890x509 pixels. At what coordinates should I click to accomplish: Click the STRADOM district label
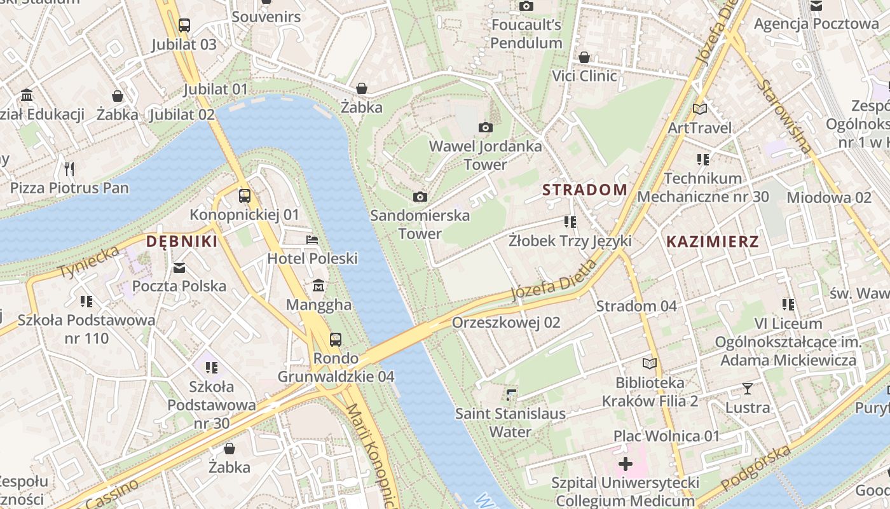(585, 190)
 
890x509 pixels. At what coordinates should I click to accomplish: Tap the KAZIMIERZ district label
(713, 242)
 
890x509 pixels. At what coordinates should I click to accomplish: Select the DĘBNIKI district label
(182, 242)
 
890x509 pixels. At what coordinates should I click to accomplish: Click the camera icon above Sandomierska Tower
(420, 197)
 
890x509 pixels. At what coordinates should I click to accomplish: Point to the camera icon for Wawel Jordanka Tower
(486, 127)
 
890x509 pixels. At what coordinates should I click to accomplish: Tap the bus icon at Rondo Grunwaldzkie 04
(335, 339)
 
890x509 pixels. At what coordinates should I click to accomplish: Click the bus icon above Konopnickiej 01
(244, 195)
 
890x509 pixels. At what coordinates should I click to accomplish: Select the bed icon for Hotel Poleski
(312, 240)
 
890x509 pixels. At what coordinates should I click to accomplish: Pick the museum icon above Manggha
(318, 286)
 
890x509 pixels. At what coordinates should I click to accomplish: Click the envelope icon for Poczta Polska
(179, 267)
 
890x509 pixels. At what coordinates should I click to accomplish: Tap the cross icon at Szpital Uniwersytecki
(626, 464)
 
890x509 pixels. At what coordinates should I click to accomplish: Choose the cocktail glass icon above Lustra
(748, 388)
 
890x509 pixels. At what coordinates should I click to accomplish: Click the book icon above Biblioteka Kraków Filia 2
(650, 363)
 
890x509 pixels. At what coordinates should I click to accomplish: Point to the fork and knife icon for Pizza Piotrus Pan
(69, 169)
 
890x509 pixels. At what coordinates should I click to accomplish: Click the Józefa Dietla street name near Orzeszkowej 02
(554, 281)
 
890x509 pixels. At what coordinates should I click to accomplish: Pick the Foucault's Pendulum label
(526, 34)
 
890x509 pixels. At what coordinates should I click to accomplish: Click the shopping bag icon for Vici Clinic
(584, 57)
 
